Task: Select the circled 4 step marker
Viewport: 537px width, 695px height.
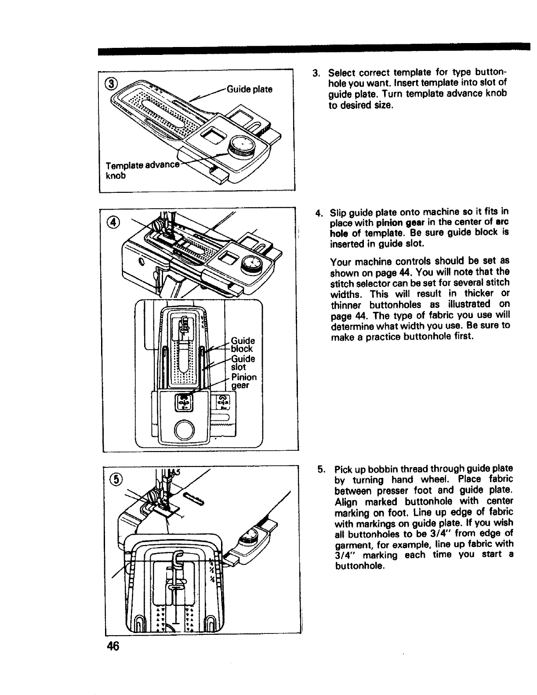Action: tap(113, 223)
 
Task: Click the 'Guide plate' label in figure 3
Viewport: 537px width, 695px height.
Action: tap(249, 89)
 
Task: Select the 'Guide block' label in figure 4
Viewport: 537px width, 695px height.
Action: tap(243, 344)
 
